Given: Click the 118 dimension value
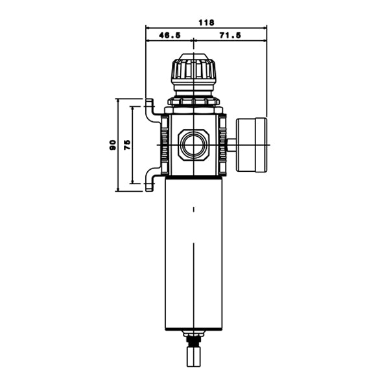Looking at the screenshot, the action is pos(206,23).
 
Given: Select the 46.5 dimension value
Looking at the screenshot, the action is pos(170,36).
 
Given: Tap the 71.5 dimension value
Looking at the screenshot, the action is pos(230,36).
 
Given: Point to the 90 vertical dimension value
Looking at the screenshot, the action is pos(113,145).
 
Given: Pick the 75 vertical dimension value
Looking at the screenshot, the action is pos(127,145).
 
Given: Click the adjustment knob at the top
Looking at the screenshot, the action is pos(193,72).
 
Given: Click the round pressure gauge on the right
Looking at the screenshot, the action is pos(252,145).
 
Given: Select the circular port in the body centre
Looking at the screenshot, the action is pos(193,145).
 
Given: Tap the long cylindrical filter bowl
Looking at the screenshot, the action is pos(194,253).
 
